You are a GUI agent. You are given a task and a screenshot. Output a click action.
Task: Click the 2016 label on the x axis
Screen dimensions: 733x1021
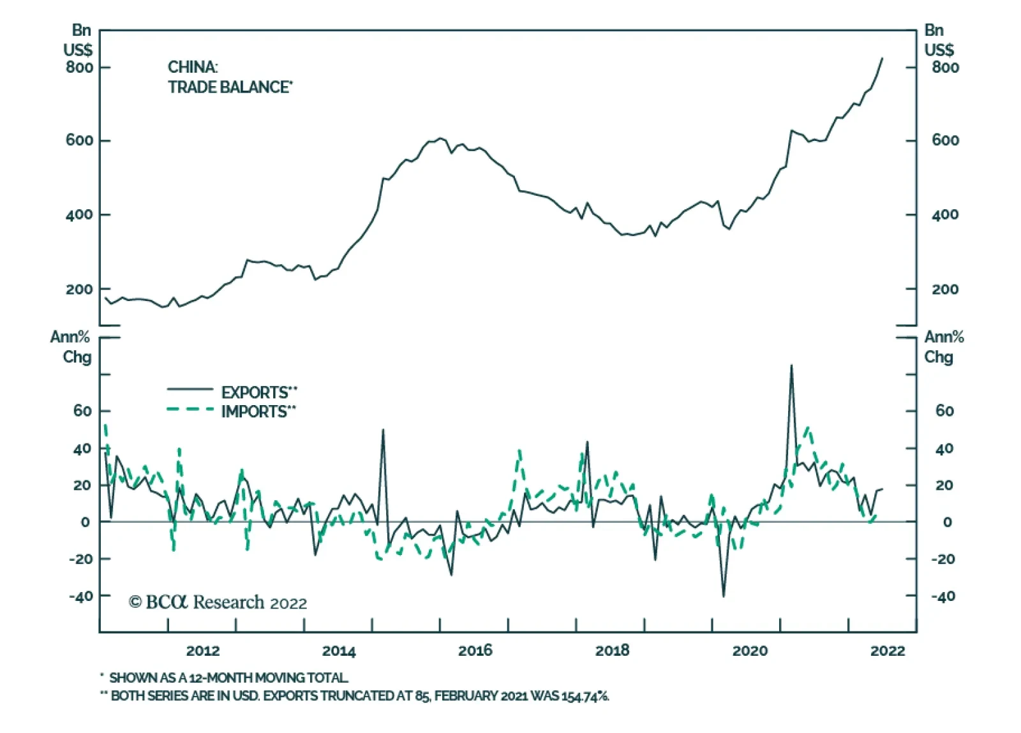tap(475, 651)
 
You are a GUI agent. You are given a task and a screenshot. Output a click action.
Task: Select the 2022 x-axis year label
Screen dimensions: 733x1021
tap(887, 651)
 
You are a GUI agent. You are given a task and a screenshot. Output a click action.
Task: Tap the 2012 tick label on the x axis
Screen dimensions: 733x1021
tap(202, 651)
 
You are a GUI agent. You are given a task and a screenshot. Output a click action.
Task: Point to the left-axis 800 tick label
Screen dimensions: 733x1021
tap(79, 67)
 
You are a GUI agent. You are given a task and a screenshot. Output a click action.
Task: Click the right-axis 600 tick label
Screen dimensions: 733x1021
tap(945, 140)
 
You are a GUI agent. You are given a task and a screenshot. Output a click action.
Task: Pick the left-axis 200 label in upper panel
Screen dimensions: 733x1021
tap(79, 289)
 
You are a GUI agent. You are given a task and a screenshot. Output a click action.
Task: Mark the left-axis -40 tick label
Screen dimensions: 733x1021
tap(80, 596)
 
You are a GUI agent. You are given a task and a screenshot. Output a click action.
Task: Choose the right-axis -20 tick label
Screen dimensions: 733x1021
tap(943, 559)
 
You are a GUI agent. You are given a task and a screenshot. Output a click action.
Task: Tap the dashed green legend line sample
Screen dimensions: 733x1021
tap(190, 409)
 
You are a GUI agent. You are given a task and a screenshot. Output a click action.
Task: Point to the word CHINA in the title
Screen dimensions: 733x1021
tap(192, 67)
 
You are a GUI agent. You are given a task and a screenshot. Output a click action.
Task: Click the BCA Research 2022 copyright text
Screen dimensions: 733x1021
tap(218, 602)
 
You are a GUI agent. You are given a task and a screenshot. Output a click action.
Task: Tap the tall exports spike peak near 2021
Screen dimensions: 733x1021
tap(791, 366)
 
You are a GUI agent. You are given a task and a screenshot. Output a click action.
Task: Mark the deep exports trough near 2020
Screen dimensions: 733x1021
tap(723, 596)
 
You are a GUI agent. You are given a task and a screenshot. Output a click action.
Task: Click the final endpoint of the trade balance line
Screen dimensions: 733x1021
tap(883, 58)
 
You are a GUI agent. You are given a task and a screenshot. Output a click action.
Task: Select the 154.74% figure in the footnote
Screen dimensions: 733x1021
tap(585, 695)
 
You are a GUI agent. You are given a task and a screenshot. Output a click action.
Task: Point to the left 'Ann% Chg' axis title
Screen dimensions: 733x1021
tap(71, 346)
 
